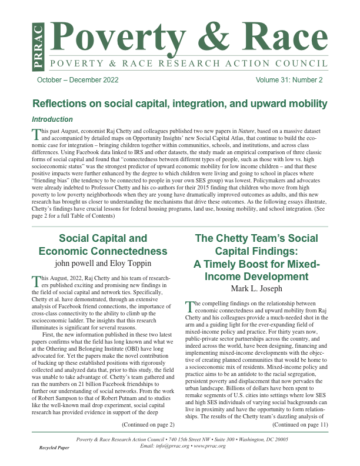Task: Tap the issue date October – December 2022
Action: (78, 80)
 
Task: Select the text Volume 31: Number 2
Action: (289, 80)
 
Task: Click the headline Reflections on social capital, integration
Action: (179, 104)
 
